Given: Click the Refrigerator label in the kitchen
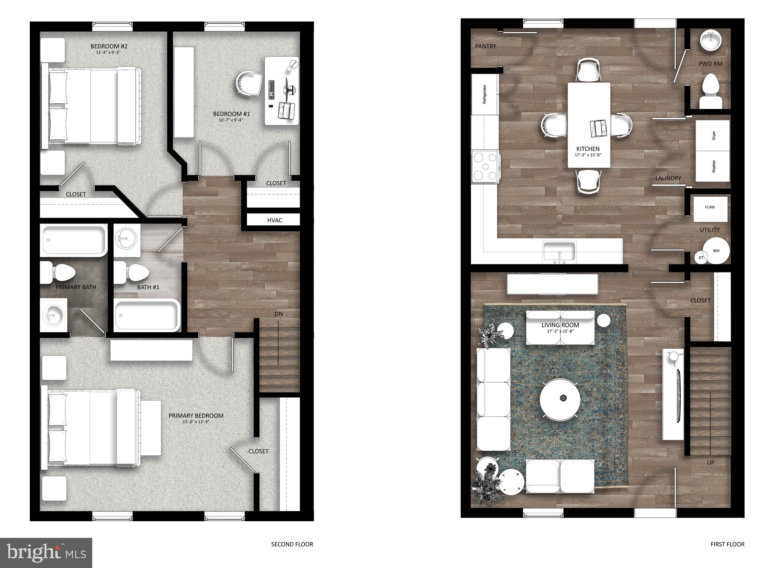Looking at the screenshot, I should click(485, 95).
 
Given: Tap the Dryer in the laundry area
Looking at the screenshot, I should click(712, 135).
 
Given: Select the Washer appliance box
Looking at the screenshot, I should click(712, 166).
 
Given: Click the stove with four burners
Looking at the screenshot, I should click(485, 167).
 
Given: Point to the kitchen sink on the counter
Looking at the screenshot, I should click(559, 252).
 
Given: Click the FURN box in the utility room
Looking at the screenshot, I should click(710, 208).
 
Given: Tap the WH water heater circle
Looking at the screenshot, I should click(716, 251).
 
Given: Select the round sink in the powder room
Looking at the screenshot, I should click(711, 41).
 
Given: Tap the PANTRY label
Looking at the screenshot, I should click(486, 46).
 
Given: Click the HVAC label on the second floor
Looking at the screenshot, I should click(274, 220).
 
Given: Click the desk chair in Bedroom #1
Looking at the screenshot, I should click(249, 85).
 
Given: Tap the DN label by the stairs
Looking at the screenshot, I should click(279, 314).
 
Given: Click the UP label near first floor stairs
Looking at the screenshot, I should click(710, 462).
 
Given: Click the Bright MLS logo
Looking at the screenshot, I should click(46, 553).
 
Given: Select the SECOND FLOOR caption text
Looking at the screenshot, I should click(292, 544).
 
